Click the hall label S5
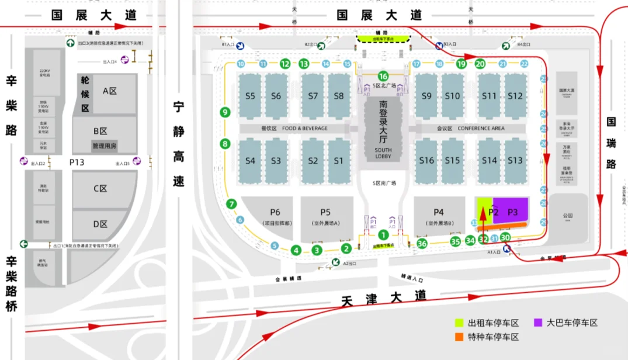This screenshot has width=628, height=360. point(250,96)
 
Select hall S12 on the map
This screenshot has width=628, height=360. point(515,96)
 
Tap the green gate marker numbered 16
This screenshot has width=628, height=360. point(383,76)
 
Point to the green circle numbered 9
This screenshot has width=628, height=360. point(225,112)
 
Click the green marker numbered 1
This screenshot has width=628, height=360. point(383,235)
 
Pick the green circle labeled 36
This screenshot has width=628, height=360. point(422,243)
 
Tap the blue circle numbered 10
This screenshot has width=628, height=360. point(241,64)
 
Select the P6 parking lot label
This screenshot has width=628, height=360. point(275,213)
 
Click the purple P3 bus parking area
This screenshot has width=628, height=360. point(512,212)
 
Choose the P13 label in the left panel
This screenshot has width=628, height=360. point(77,162)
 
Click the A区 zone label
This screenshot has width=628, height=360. point(110,91)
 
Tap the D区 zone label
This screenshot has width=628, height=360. point(101,223)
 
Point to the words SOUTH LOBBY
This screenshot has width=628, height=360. point(383,153)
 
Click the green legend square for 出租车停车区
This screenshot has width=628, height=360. point(460,323)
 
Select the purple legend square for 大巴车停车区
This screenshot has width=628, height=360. point(537,323)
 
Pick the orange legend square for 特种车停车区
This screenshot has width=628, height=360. point(460,337)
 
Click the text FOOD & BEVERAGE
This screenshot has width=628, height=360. point(305,128)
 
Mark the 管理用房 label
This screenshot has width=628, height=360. point(105,146)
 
